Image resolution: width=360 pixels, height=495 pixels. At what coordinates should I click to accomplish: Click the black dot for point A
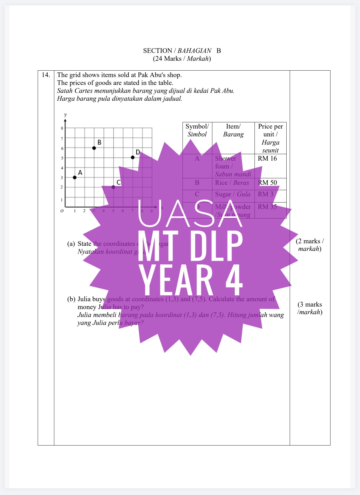tap(75, 177)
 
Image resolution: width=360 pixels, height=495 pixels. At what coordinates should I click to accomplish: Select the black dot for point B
tap(94, 148)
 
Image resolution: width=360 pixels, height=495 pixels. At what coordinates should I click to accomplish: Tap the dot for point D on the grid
tap(133, 157)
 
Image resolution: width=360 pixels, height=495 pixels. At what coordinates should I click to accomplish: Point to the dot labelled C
tap(113, 187)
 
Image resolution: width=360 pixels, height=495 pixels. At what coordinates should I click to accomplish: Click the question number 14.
tap(46, 75)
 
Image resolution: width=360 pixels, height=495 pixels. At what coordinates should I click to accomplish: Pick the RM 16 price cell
tap(267, 158)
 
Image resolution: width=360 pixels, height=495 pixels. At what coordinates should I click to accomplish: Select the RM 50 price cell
tap(267, 183)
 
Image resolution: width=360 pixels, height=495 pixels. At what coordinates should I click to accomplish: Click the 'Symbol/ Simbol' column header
tap(197, 130)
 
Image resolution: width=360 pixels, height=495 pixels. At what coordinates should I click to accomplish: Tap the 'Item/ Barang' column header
tap(233, 130)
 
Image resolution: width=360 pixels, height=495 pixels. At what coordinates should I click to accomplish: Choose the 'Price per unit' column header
tap(270, 138)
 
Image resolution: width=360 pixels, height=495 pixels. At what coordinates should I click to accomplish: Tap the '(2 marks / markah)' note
tap(310, 245)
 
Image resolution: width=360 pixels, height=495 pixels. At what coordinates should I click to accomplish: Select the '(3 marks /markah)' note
tap(310, 308)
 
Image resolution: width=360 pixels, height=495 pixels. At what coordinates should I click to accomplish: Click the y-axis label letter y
tap(66, 114)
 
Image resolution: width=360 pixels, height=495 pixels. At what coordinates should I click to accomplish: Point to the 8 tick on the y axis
tap(62, 128)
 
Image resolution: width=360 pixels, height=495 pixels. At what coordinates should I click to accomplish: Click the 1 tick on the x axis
tap(75, 211)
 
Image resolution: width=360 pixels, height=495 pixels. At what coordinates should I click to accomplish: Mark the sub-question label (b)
tap(71, 299)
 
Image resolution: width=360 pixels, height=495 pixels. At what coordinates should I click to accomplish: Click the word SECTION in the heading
tap(157, 51)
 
